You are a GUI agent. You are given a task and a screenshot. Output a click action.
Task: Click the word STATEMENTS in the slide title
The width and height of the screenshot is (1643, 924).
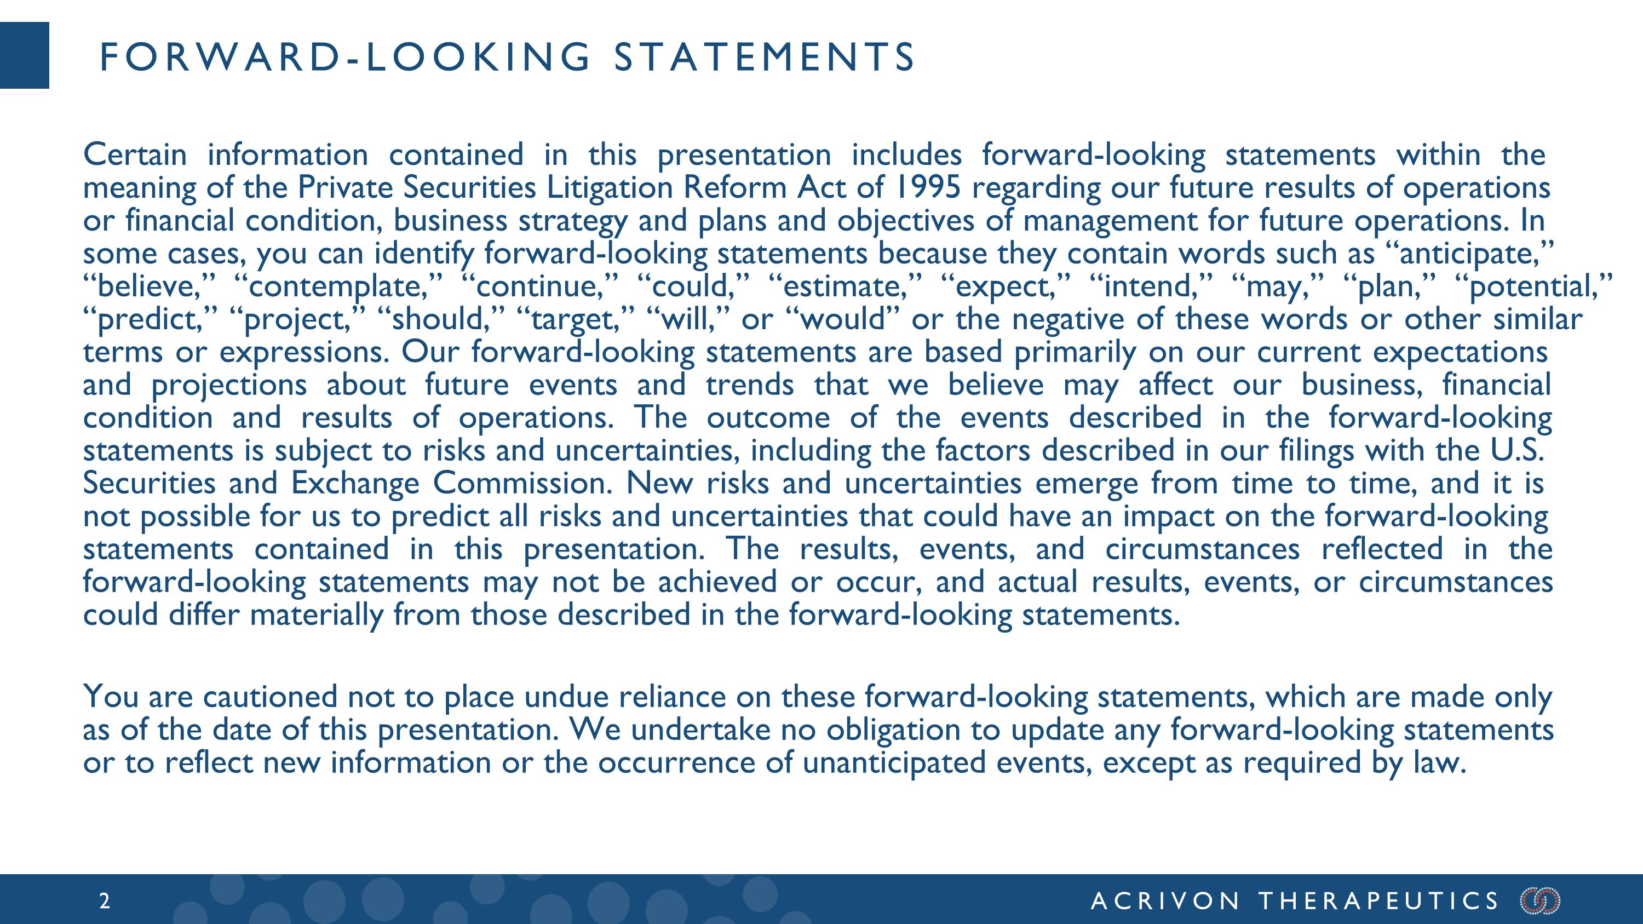[x=764, y=57]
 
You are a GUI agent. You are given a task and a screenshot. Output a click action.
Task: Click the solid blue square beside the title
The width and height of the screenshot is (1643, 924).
[x=24, y=55]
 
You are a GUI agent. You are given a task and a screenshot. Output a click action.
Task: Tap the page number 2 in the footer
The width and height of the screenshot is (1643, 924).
[x=105, y=901]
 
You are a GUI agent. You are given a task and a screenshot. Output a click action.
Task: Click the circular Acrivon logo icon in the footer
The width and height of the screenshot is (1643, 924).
[x=1540, y=901]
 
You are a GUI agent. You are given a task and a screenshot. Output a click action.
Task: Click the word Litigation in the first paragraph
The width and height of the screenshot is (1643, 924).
[x=610, y=187]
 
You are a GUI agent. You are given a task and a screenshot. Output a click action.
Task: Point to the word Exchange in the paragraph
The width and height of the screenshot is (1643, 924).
[x=355, y=484]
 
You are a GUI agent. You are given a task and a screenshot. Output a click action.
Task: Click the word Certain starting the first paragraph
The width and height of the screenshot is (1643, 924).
[x=135, y=155]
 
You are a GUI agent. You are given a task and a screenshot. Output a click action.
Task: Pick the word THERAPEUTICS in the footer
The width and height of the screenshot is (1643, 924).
[x=1379, y=901]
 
